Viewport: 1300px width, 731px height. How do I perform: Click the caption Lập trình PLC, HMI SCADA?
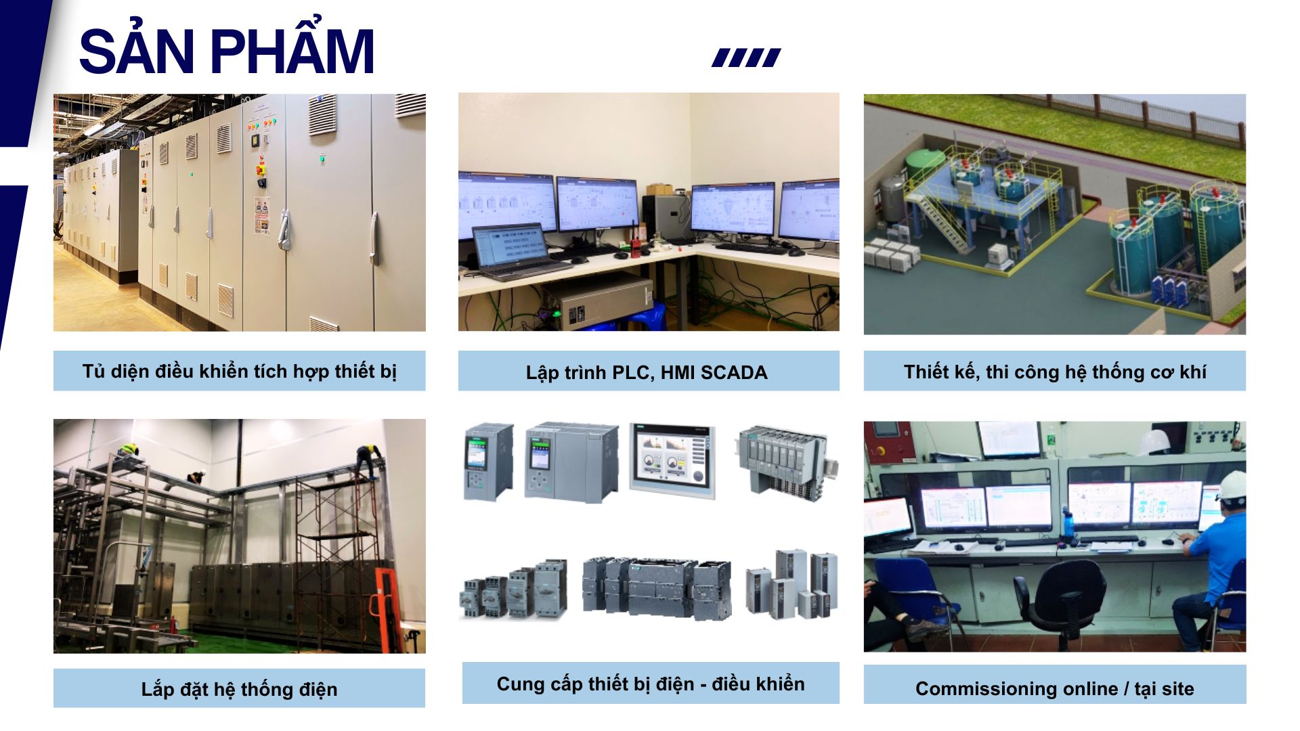coord(647,372)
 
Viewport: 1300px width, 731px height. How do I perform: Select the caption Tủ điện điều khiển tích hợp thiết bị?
coord(239,372)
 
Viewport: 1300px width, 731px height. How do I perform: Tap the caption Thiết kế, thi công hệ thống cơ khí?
coord(1054,372)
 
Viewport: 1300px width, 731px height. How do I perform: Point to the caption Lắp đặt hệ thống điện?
coord(239,689)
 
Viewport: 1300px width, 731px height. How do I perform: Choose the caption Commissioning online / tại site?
coord(1054,688)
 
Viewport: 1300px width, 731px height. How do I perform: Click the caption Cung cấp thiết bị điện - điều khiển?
coord(650,684)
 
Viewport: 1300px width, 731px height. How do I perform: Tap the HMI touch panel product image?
coord(672,461)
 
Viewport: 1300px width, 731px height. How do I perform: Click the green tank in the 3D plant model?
coord(919,166)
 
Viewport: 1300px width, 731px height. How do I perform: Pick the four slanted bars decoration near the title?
coord(746,58)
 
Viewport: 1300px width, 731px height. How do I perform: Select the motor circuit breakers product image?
coord(514,589)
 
